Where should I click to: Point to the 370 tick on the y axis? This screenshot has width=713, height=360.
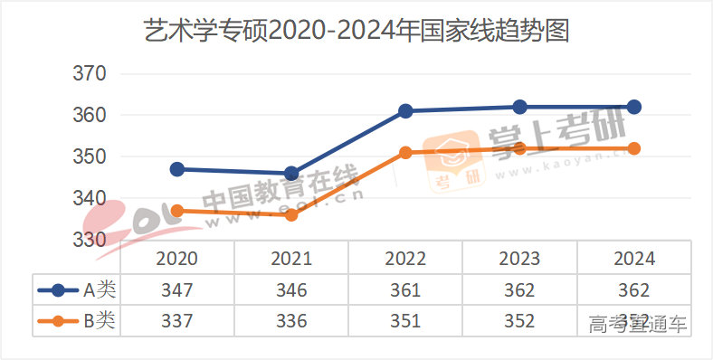(89, 73)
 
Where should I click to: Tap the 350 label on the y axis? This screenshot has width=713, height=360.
(89, 156)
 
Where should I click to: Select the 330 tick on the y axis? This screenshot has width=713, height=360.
(89, 240)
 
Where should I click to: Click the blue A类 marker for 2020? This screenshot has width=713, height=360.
(177, 169)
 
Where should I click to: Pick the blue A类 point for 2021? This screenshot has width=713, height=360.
(291, 174)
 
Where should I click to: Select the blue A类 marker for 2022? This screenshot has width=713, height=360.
(405, 111)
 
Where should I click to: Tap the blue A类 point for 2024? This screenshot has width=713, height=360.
(634, 107)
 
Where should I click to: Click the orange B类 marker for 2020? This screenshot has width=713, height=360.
(177, 211)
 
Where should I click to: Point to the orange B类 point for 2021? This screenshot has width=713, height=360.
(291, 215)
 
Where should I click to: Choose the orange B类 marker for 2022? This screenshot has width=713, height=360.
(405, 153)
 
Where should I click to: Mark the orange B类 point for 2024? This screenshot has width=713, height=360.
(634, 148)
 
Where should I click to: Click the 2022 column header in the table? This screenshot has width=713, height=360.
(405, 259)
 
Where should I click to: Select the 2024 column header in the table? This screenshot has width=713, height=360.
(634, 259)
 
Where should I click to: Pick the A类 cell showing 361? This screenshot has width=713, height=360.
(405, 290)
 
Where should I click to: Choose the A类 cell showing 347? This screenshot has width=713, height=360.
(177, 290)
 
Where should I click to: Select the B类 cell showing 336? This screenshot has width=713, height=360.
(291, 321)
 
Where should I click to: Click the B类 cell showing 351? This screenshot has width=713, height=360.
(405, 321)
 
